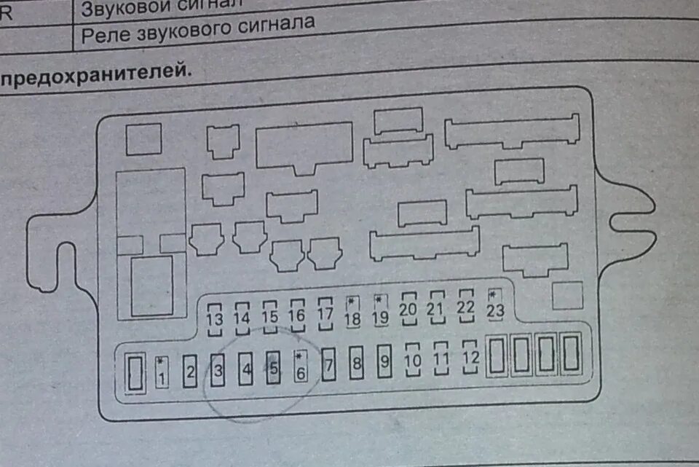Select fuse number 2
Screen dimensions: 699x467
[190, 372]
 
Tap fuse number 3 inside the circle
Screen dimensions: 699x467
[218, 371]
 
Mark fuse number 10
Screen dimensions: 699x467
[413, 358]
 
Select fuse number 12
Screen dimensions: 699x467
[470, 356]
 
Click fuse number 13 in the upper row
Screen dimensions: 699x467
[215, 318]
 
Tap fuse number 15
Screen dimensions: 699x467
[270, 316]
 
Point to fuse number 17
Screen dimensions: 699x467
[325, 313]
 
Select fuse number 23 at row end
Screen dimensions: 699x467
[495, 305]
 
